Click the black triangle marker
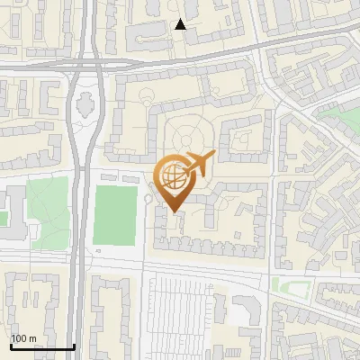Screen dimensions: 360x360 pyautogui.click(x=181, y=24)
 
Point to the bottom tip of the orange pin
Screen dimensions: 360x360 pyautogui.click(x=174, y=211)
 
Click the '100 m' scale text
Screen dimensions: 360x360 pyautogui.click(x=23, y=338)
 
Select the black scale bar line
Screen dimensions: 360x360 pyautogui.click(x=42, y=346)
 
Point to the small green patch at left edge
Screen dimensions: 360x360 pyautogui.click(x=3, y=219)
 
